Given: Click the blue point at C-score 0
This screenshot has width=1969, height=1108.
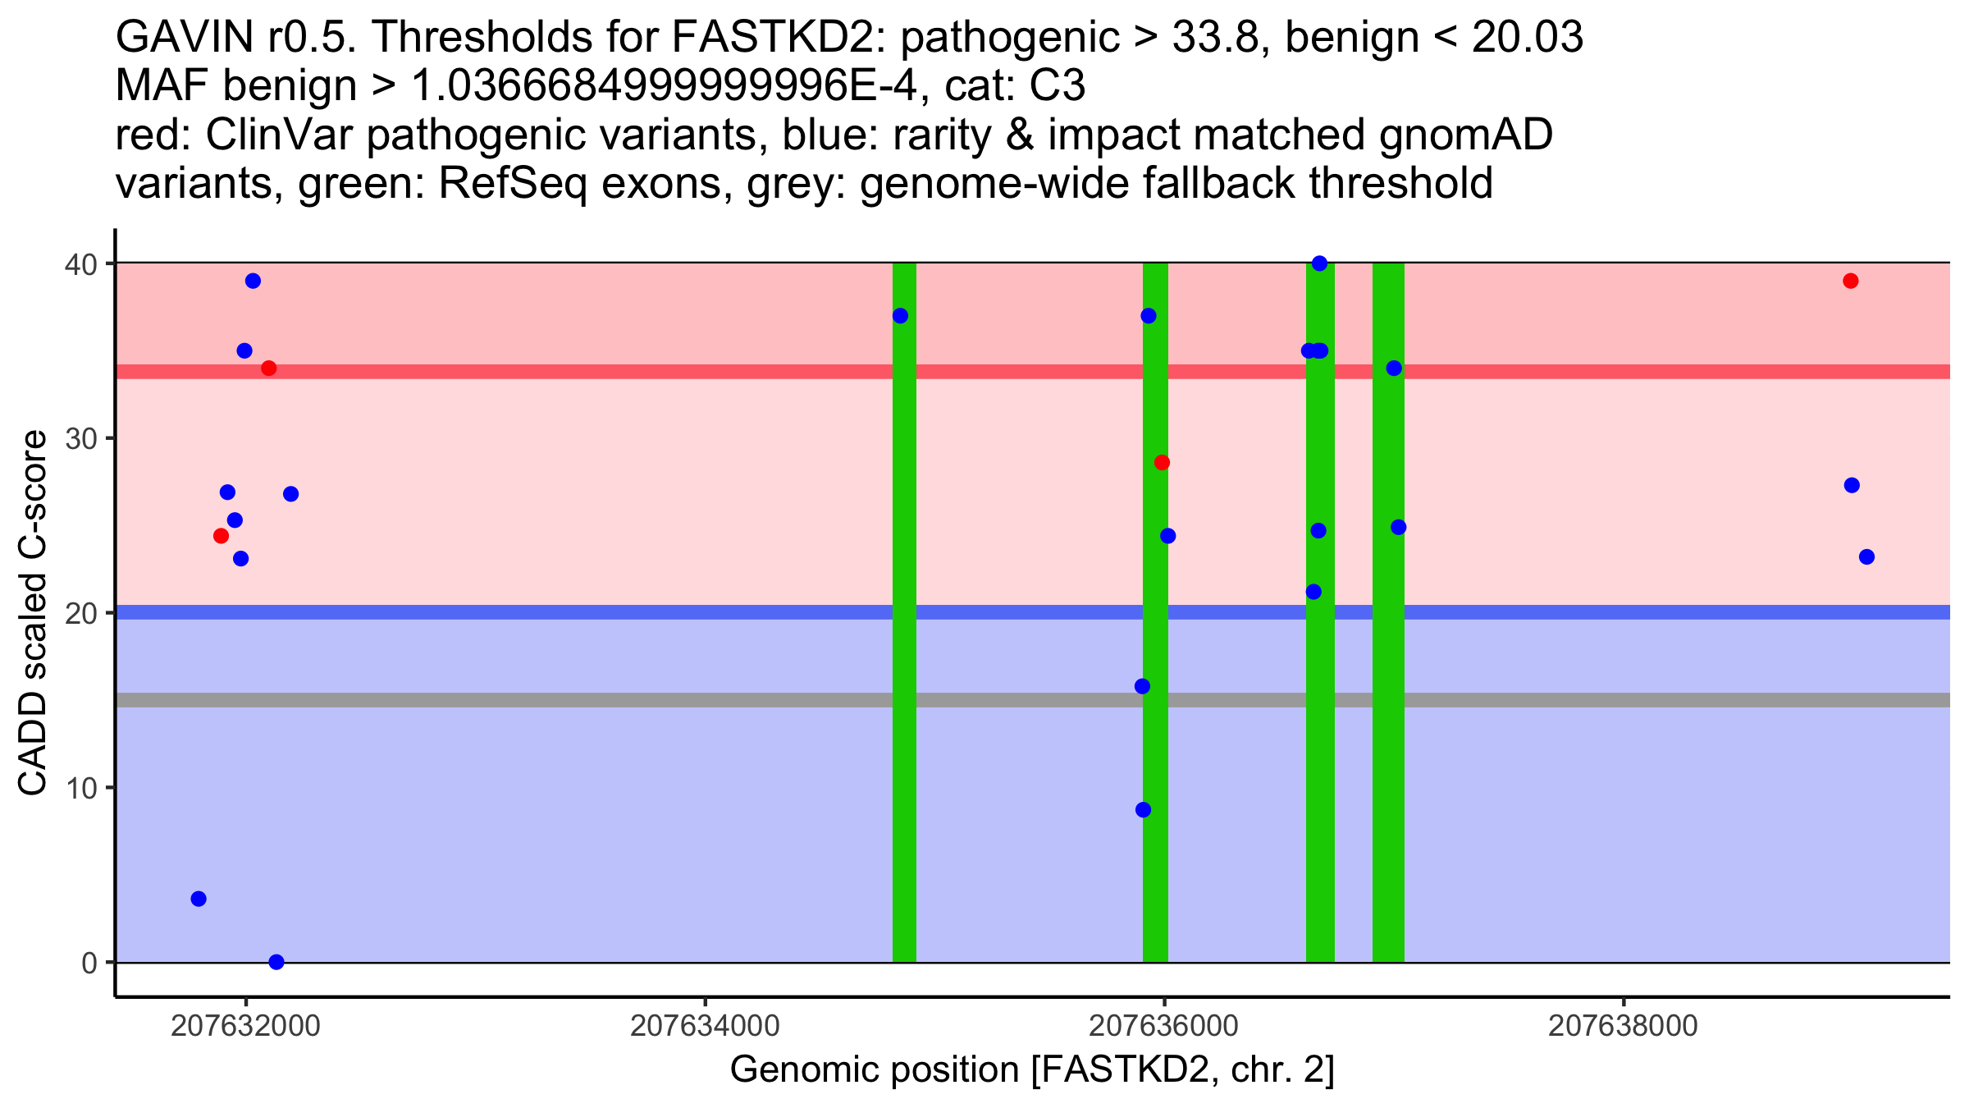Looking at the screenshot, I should (x=276, y=962).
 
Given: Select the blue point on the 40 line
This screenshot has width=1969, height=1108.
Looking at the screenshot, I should (x=1319, y=263).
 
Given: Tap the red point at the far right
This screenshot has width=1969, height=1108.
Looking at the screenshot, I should (x=1850, y=281).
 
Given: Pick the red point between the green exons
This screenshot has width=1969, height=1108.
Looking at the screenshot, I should (x=1162, y=463).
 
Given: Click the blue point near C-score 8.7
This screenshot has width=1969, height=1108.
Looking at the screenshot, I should (x=1143, y=810).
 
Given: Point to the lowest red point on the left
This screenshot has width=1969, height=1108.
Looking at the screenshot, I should (x=221, y=536).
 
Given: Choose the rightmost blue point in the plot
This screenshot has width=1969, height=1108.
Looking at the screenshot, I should (x=1866, y=557).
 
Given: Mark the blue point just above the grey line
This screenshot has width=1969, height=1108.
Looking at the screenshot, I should (x=1142, y=686).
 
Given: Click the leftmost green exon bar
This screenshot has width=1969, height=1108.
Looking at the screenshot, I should (x=904, y=612).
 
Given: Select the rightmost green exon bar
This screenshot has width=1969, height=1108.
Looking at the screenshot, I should (x=1388, y=612).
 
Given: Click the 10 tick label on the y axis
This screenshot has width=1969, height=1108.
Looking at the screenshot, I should (x=81, y=788).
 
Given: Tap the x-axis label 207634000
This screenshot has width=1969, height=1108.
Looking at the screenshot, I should (x=704, y=1026).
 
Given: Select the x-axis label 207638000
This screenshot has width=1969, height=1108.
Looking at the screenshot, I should (x=1622, y=1026).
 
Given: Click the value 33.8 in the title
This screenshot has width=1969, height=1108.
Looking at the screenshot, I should (x=1215, y=38).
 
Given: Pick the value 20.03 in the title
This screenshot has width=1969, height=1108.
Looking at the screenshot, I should (x=1527, y=38).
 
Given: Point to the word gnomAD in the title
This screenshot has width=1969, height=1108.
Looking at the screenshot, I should (x=1465, y=135).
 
